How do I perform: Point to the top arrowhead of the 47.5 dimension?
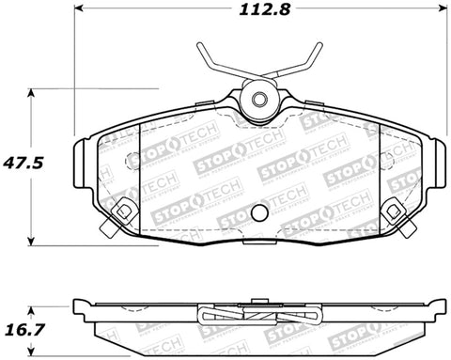(x=32, y=92)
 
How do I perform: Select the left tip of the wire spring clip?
(x=199, y=49)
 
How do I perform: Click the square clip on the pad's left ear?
(x=121, y=211)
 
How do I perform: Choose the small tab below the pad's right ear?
(x=402, y=230)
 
